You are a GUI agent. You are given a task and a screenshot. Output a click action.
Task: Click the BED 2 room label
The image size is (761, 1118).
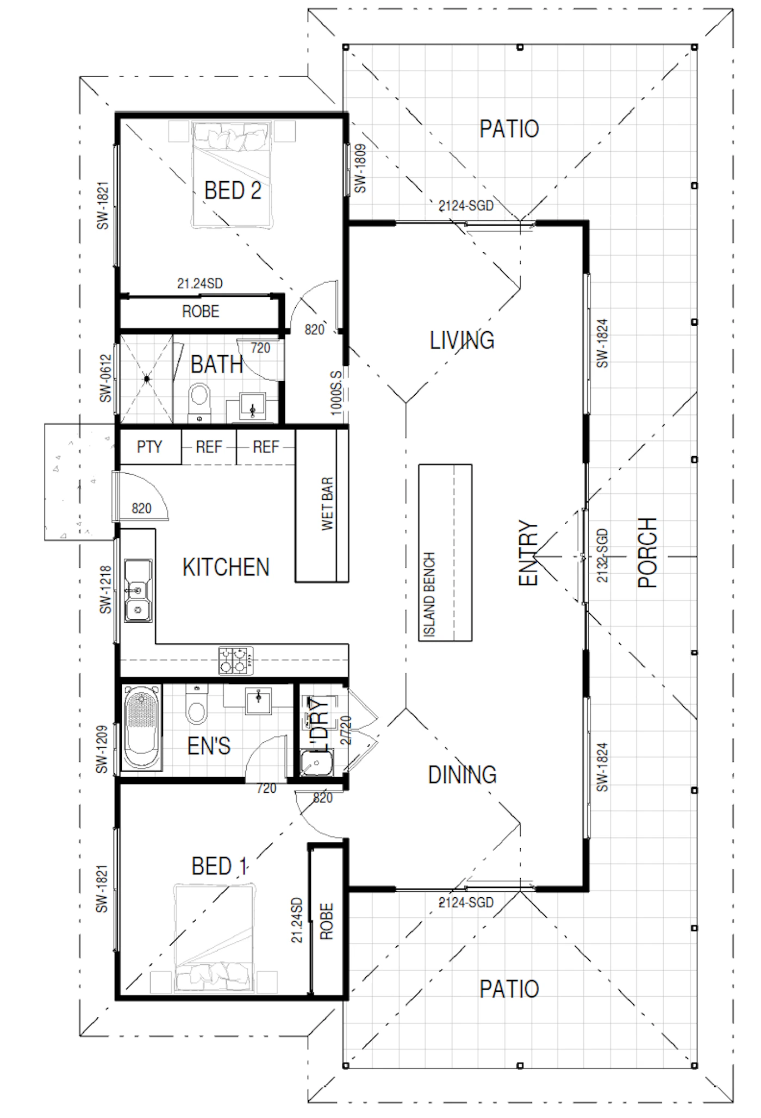[233, 190]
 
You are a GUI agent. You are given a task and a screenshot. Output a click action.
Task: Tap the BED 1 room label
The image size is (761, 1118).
[220, 866]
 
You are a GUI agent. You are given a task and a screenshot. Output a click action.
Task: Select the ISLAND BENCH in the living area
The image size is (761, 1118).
[445, 552]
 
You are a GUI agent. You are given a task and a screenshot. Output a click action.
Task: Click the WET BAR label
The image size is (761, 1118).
[327, 503]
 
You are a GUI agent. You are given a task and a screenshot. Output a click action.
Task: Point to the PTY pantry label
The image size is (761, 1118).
[149, 447]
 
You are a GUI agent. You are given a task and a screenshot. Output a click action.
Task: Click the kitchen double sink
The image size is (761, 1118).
[139, 591]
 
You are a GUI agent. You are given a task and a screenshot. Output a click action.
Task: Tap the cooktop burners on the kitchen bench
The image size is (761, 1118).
[236, 660]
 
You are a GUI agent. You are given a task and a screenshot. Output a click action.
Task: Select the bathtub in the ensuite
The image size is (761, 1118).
[141, 728]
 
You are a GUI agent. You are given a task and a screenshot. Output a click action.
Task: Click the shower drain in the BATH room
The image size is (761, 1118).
[147, 379]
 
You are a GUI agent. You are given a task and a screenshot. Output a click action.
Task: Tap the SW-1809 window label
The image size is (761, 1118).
[360, 168]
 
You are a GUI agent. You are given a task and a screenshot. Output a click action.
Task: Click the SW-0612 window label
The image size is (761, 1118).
[105, 378]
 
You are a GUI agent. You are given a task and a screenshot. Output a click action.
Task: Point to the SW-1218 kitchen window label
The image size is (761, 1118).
[105, 590]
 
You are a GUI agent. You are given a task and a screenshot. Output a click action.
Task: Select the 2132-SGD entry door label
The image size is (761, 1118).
[603, 555]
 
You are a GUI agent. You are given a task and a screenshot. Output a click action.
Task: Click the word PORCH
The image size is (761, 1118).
[647, 552]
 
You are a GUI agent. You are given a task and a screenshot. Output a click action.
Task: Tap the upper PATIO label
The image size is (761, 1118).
[509, 129]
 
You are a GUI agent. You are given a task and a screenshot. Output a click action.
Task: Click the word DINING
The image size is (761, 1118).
[462, 775]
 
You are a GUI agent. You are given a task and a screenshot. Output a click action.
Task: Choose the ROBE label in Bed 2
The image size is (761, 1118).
[201, 312]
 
